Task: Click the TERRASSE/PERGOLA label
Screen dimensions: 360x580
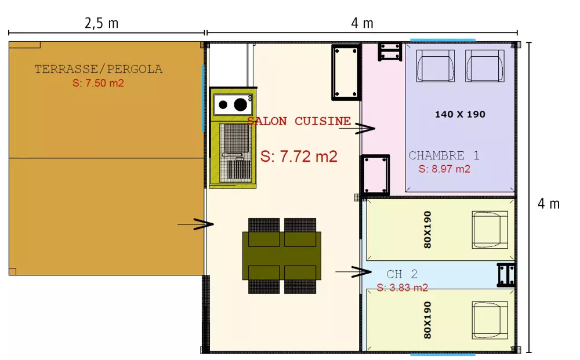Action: [98, 70]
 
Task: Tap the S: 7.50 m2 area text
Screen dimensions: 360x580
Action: [98, 83]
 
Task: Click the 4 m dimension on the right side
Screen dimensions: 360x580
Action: [549, 204]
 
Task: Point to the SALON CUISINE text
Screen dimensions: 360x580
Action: [299, 121]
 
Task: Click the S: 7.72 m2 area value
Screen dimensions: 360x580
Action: [299, 157]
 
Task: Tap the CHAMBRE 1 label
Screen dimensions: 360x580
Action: [444, 155]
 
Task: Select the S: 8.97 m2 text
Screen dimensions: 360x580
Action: [444, 169]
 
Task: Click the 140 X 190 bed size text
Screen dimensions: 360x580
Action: [460, 114]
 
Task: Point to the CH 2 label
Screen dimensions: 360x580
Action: [402, 274]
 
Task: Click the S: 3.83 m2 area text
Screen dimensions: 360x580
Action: [402, 288]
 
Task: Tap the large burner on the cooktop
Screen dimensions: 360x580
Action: [240, 104]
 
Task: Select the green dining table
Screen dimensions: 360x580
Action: [282, 256]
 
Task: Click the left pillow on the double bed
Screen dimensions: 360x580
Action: [435, 65]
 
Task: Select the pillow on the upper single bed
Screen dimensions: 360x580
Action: [490, 230]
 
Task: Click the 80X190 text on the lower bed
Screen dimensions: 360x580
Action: [427, 319]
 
